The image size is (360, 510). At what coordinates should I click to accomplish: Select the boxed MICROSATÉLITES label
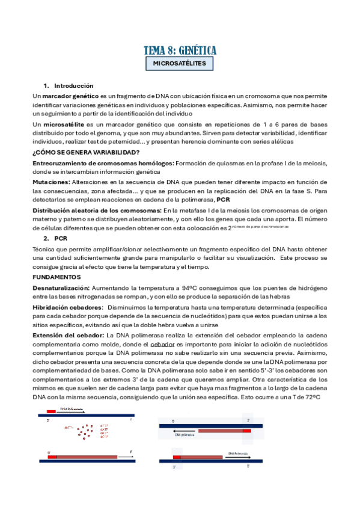click(x=180, y=63)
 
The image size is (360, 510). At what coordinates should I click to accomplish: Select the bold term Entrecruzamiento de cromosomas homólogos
click(x=103, y=163)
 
